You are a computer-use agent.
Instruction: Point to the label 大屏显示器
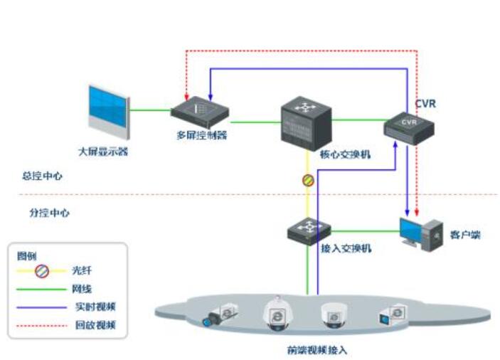tap(103, 151)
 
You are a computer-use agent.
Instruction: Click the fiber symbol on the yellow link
tap(307, 181)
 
